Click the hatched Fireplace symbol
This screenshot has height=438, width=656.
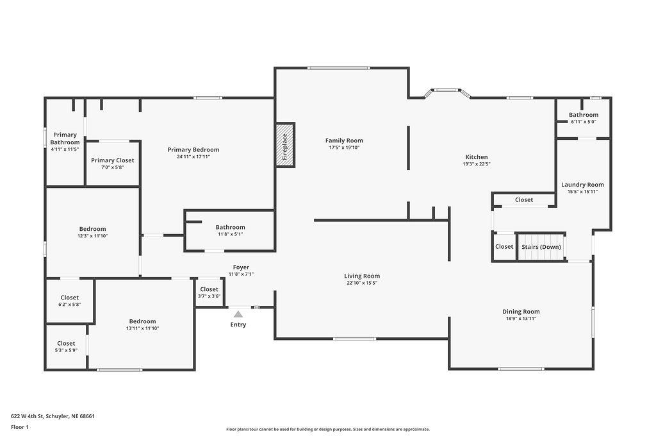pos(285,145)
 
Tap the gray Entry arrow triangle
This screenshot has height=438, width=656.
pos(238,314)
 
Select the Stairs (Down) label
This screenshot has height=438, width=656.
pos(541,247)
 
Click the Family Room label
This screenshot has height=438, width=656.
pos(344,140)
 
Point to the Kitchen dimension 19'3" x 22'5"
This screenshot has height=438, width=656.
pos(477,164)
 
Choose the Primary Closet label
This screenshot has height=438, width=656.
pos(113,160)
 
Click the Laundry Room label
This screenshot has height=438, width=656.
pos(582,185)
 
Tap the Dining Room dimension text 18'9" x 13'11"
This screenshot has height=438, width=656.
pos(521,318)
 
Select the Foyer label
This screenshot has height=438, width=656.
pos(241,267)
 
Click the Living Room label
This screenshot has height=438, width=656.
pos(362,276)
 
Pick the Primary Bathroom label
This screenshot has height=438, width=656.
pos(65,139)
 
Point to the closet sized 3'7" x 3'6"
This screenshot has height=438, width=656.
pos(209,292)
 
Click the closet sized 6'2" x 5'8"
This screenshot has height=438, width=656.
pos(69,301)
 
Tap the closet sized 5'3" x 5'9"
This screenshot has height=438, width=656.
pos(66,347)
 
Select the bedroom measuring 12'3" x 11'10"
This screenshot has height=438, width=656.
pos(92,232)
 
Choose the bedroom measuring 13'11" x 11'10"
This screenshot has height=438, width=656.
pos(142,324)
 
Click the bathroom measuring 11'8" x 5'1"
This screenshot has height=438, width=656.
pos(230,230)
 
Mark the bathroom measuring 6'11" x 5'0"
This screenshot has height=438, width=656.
pos(583,118)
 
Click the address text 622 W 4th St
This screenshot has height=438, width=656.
pos(28,416)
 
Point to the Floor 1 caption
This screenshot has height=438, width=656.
pos(20,427)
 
